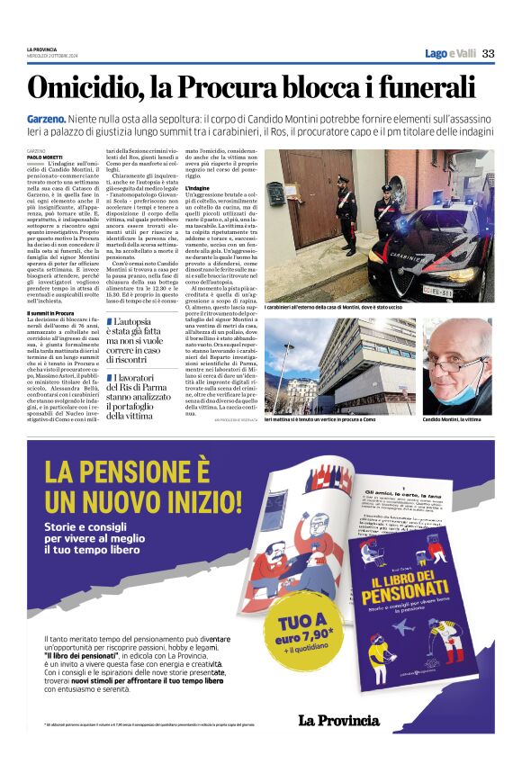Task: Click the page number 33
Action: pos(488,53)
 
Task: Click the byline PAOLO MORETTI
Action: pos(46,157)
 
